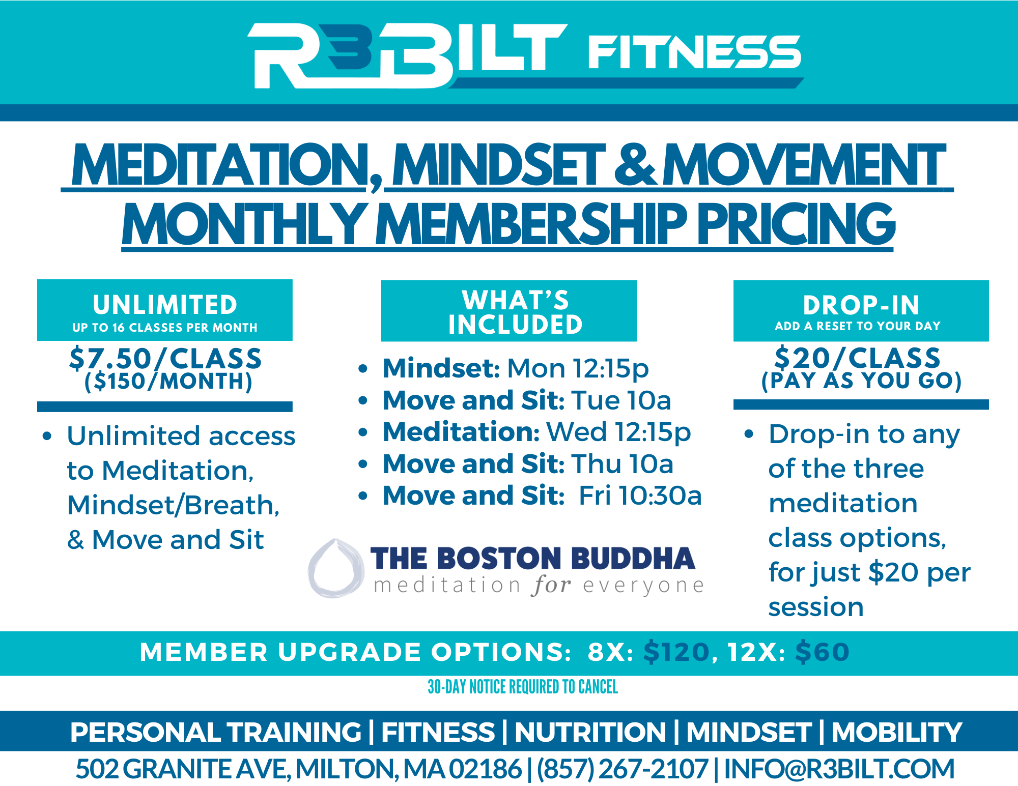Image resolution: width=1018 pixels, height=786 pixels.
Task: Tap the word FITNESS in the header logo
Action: pyautogui.click(x=695, y=52)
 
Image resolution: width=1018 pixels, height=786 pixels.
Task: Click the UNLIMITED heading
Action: pyautogui.click(x=165, y=305)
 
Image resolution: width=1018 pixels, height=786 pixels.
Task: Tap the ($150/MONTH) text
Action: pyautogui.click(x=168, y=382)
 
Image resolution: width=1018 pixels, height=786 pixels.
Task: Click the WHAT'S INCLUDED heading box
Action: pyautogui.click(x=509, y=311)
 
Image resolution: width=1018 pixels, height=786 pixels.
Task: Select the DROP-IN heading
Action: pyautogui.click(x=861, y=305)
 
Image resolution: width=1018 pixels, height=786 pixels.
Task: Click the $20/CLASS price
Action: pyautogui.click(x=858, y=358)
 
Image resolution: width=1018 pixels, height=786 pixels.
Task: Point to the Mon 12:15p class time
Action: pyautogui.click(x=578, y=368)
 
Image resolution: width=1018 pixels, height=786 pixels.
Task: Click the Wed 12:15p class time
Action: pyautogui.click(x=618, y=432)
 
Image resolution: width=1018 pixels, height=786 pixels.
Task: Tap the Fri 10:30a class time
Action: pyautogui.click(x=640, y=496)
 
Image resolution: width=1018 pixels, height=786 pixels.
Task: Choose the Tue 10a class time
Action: pyautogui.click(x=621, y=400)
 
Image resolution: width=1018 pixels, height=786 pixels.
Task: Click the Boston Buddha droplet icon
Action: pyautogui.click(x=336, y=568)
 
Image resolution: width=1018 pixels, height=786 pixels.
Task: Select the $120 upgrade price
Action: pyautogui.click(x=676, y=652)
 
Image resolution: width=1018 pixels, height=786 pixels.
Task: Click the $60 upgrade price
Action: pyautogui.click(x=823, y=652)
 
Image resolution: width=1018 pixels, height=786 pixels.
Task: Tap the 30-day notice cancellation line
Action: pyautogui.click(x=523, y=687)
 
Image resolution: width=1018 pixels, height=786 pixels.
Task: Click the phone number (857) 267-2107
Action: pyautogui.click(x=623, y=769)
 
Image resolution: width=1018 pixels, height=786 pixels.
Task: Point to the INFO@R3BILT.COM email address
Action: pyautogui.click(x=839, y=769)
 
